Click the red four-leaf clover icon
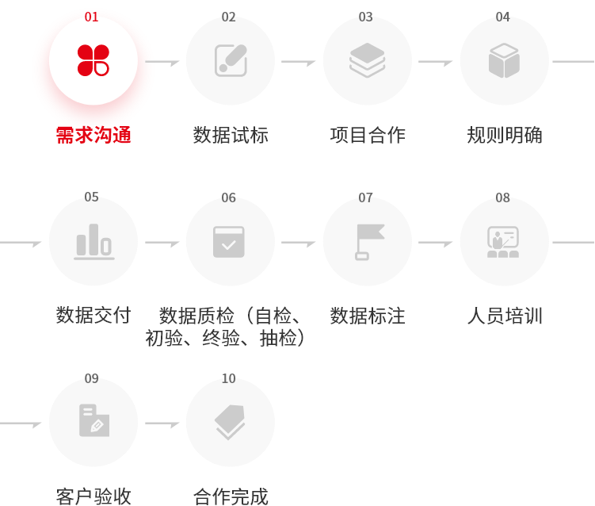click(x=93, y=60)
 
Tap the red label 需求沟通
click(x=93, y=136)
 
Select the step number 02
click(x=228, y=17)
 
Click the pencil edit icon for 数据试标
click(x=231, y=60)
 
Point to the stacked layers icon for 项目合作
click(x=368, y=60)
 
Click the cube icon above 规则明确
click(x=505, y=60)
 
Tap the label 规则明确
click(x=505, y=136)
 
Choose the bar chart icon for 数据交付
click(x=93, y=242)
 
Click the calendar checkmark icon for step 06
click(x=229, y=242)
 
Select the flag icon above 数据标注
click(x=369, y=242)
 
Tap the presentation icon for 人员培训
click(x=503, y=242)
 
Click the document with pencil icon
click(x=94, y=420)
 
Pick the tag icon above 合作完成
click(x=230, y=422)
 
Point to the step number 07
click(x=365, y=198)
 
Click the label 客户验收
click(x=93, y=496)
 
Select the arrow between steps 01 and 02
click(x=162, y=62)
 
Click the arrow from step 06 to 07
click(x=298, y=243)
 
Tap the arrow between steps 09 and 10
click(x=162, y=424)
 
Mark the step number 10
click(x=228, y=379)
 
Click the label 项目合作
click(x=368, y=136)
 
